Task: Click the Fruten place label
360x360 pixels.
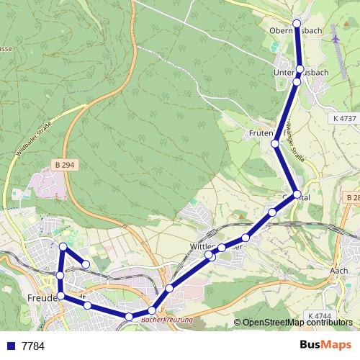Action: pyautogui.click(x=259, y=134)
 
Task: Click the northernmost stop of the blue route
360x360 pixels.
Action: pyautogui.click(x=297, y=24)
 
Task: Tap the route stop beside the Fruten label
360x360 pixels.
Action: pyautogui.click(x=275, y=144)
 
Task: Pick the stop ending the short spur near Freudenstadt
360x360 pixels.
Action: pyautogui.click(x=86, y=264)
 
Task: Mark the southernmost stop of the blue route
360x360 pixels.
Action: pyautogui.click(x=128, y=317)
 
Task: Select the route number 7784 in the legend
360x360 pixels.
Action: pyautogui.click(x=33, y=346)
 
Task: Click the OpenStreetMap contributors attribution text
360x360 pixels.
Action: pyautogui.click(x=297, y=323)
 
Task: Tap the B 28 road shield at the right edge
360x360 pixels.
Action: pyautogui.click(x=352, y=197)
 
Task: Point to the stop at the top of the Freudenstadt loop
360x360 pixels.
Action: pyautogui.click(x=63, y=247)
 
